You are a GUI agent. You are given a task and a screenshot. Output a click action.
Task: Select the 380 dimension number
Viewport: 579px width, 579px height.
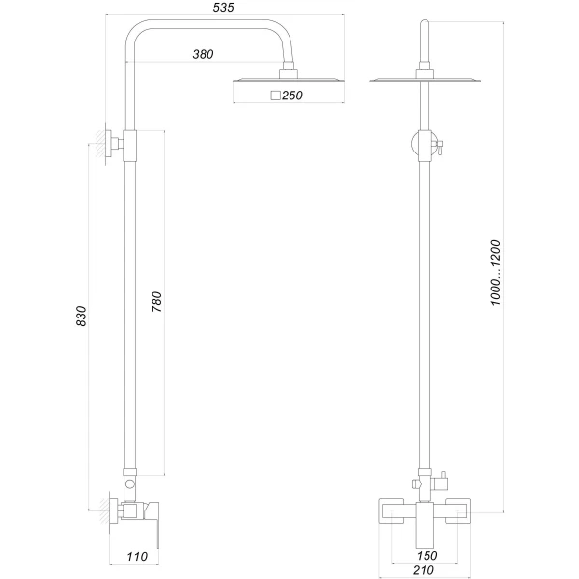point(203,54)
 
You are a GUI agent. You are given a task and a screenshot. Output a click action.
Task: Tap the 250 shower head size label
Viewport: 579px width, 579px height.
point(292,95)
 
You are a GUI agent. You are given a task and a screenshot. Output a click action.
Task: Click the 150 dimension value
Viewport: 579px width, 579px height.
point(426,556)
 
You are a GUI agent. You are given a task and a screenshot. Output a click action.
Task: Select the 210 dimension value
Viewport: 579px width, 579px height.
point(425,569)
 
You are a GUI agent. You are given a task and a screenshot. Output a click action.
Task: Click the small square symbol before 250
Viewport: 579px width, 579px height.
point(275,95)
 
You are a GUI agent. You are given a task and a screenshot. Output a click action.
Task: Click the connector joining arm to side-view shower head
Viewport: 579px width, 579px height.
point(287,71)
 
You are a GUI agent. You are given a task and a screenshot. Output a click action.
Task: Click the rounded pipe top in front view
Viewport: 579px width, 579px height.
point(424,24)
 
